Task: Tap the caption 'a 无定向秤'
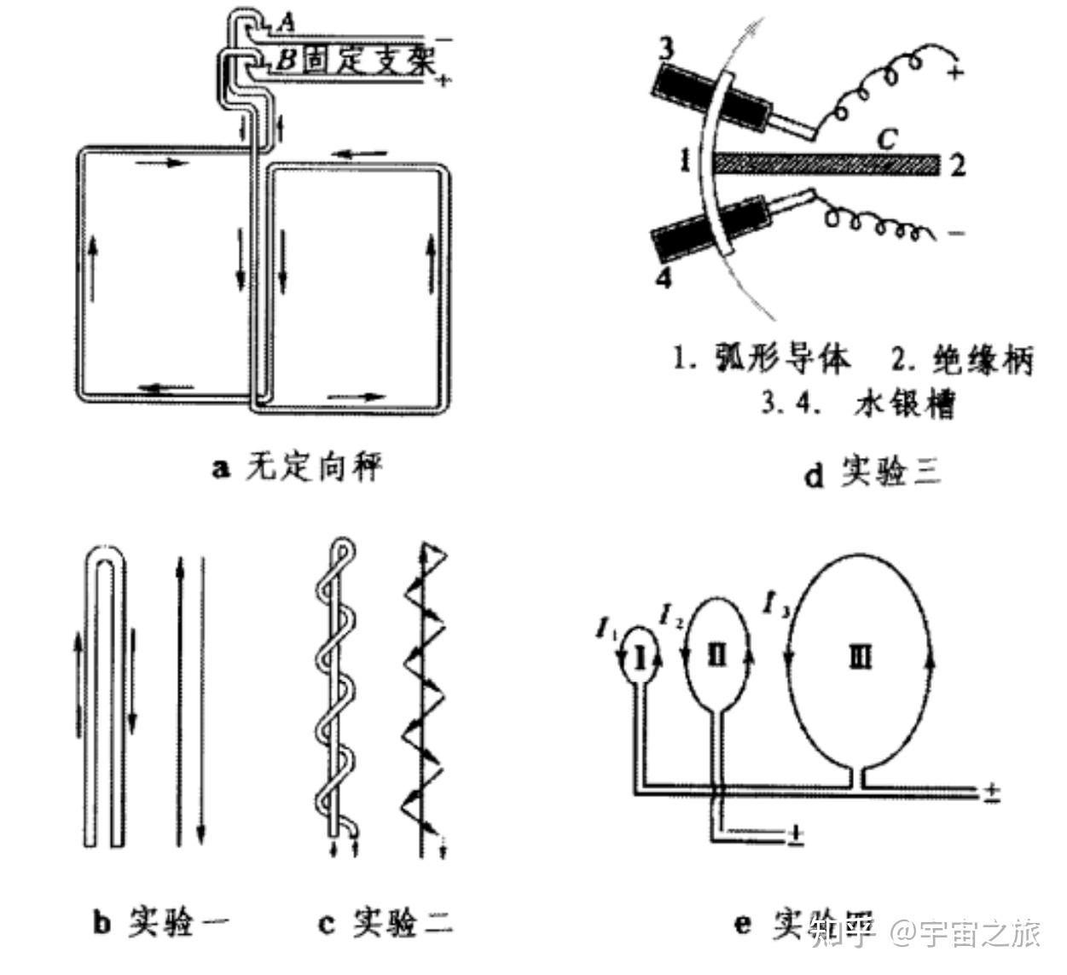tap(297, 467)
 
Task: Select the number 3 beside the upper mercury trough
tap(666, 49)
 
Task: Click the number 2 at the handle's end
tap(957, 165)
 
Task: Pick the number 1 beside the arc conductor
tap(685, 160)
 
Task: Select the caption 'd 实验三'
tap(872, 472)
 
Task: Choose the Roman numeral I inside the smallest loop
tap(643, 655)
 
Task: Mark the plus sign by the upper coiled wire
tap(956, 73)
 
